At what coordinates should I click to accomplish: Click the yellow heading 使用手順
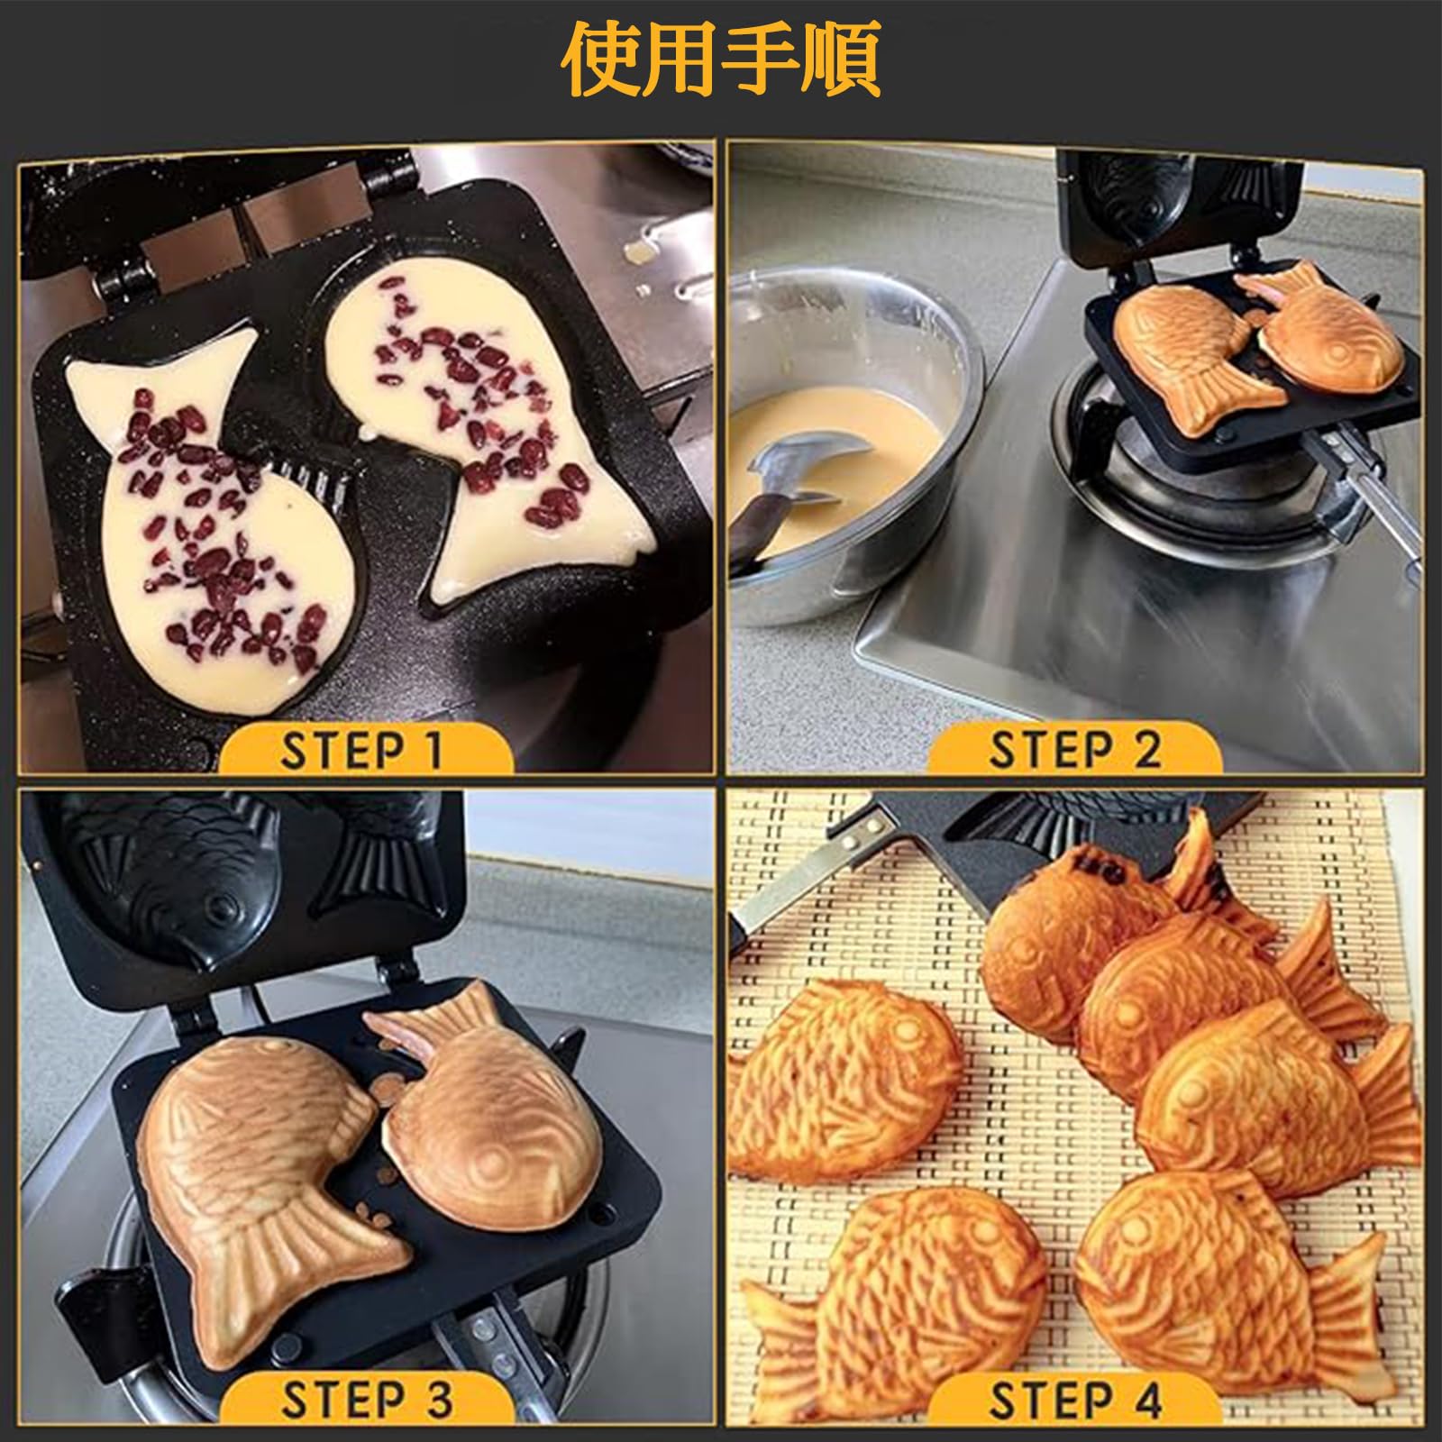click(720, 60)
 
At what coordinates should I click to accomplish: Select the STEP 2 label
click(1075, 750)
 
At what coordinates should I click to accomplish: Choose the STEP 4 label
click(1075, 1400)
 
